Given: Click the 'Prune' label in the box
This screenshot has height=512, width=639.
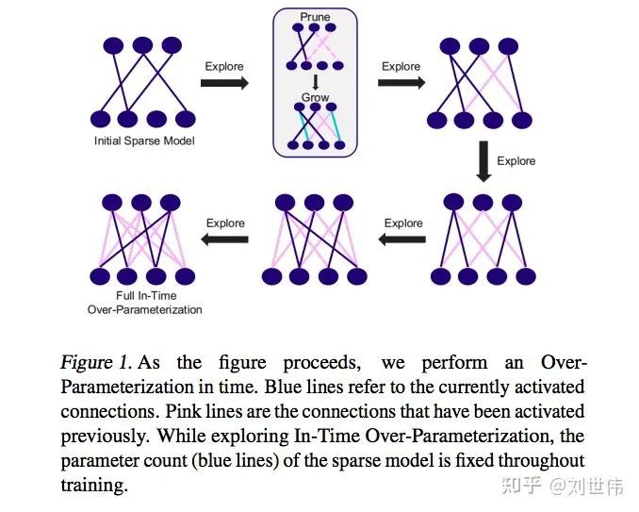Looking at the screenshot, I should (x=316, y=17).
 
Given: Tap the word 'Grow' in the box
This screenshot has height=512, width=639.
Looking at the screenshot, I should (x=316, y=97).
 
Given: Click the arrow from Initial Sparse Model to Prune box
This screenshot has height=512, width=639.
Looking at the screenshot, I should (x=226, y=83).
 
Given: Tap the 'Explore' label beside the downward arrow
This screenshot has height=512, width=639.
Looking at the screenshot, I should (x=516, y=160).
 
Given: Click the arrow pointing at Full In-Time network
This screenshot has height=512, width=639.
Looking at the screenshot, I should (x=225, y=239).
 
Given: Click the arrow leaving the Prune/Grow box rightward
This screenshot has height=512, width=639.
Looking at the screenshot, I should (x=401, y=83).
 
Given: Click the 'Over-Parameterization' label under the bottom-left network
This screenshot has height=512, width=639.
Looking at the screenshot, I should (x=144, y=309).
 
